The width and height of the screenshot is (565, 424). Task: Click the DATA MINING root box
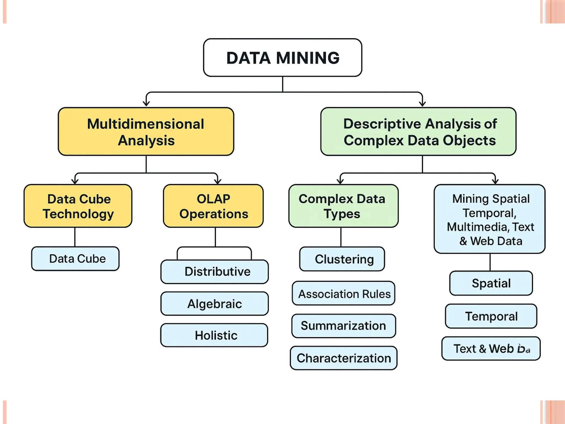[x=282, y=58]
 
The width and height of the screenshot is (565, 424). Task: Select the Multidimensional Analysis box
[x=146, y=132]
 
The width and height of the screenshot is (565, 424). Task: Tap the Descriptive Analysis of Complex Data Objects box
[x=418, y=132]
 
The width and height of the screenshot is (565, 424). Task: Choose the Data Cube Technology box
[x=78, y=206]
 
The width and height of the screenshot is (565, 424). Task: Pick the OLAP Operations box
[x=213, y=206]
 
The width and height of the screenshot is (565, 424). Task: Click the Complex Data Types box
[x=343, y=206]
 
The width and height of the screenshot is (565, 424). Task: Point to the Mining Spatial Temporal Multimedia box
[x=489, y=219]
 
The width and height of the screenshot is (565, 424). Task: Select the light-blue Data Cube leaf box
[x=75, y=259]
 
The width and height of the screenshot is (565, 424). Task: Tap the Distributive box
[x=215, y=272]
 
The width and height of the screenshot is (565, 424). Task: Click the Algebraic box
[x=215, y=304]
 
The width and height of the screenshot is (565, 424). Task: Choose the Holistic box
[x=214, y=335]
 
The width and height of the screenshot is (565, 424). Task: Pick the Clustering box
[x=342, y=259]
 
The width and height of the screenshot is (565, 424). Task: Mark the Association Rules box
[x=343, y=293]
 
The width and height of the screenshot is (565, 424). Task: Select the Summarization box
[x=343, y=326]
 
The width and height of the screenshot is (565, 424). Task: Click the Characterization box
[x=343, y=358]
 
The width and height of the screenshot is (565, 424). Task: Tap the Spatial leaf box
[x=491, y=283]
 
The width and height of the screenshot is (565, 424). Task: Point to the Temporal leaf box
[x=491, y=316]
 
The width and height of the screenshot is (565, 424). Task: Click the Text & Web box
[x=491, y=348]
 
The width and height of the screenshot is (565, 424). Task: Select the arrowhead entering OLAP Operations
[x=218, y=181]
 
